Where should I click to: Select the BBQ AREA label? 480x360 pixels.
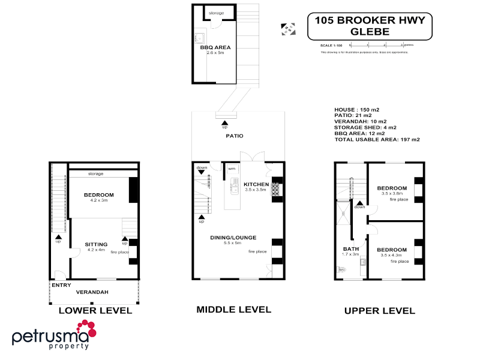[x=215, y=47]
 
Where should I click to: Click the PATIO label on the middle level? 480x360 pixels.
[x=235, y=136]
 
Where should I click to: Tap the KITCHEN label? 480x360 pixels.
[x=256, y=184]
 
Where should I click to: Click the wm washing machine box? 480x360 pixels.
[x=231, y=169]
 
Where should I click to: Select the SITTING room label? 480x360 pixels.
[x=96, y=244]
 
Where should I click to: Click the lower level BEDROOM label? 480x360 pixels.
[x=99, y=195]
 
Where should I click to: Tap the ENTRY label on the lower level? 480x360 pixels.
[x=61, y=285]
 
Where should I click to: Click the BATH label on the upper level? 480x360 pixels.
[x=350, y=249]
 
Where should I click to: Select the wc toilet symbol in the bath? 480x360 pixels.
[x=342, y=269]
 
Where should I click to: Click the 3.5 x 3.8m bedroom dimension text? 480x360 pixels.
[x=392, y=193]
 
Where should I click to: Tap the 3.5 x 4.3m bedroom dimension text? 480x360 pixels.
[x=392, y=256]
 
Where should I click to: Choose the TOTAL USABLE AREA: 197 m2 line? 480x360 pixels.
[x=377, y=139]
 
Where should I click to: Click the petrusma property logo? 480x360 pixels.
[x=54, y=334]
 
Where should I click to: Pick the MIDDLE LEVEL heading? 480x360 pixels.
[x=234, y=310]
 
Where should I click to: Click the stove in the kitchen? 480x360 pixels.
[x=276, y=190]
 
